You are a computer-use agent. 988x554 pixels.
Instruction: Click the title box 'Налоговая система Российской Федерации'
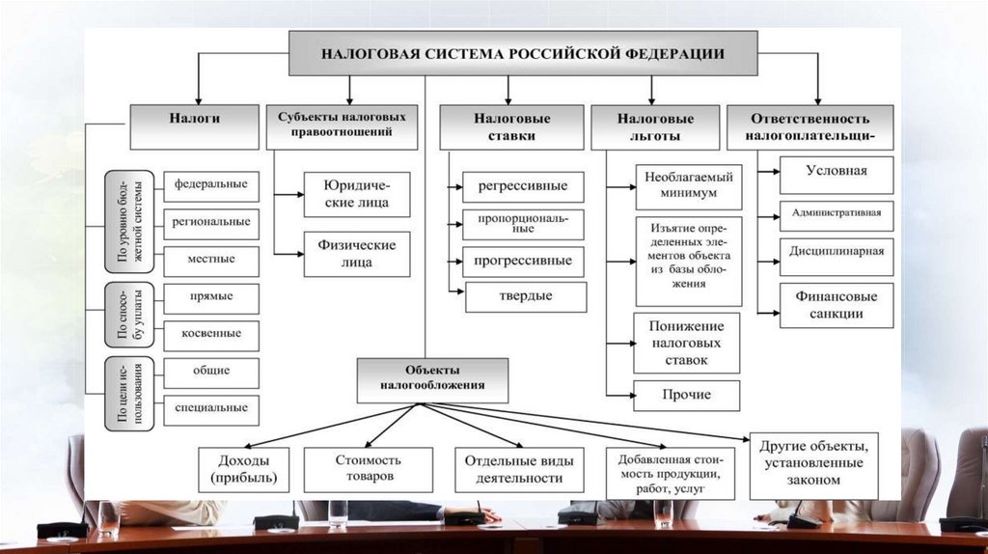coord(521,52)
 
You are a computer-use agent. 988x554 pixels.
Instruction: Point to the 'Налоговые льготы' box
coord(655,127)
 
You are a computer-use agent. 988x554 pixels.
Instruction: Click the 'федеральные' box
coord(211,183)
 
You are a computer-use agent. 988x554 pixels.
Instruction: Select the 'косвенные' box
coord(211,333)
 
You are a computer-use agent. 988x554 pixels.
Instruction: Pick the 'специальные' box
coord(211,407)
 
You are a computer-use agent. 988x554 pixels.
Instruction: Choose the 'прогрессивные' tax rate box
coord(523,261)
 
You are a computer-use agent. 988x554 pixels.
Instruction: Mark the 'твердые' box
coord(526,296)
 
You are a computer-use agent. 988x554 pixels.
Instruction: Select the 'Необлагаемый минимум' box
coord(688,185)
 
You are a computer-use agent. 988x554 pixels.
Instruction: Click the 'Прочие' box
coord(687,395)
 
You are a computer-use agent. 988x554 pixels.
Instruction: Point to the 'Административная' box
coord(837,214)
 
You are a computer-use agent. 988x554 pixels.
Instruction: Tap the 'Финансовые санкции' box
coord(837,305)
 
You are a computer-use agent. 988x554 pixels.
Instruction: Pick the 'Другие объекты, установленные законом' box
coord(813,464)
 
